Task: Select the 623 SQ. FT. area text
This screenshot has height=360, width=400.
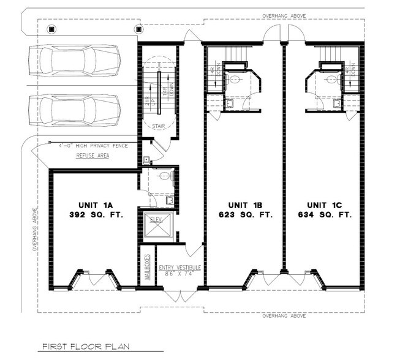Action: point(243,215)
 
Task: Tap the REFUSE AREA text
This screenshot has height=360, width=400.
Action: point(91,156)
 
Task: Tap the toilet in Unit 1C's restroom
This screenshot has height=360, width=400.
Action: point(331,78)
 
